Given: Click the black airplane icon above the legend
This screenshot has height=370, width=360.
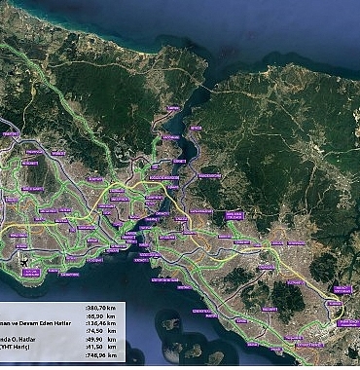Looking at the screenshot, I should [x=24, y=261].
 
